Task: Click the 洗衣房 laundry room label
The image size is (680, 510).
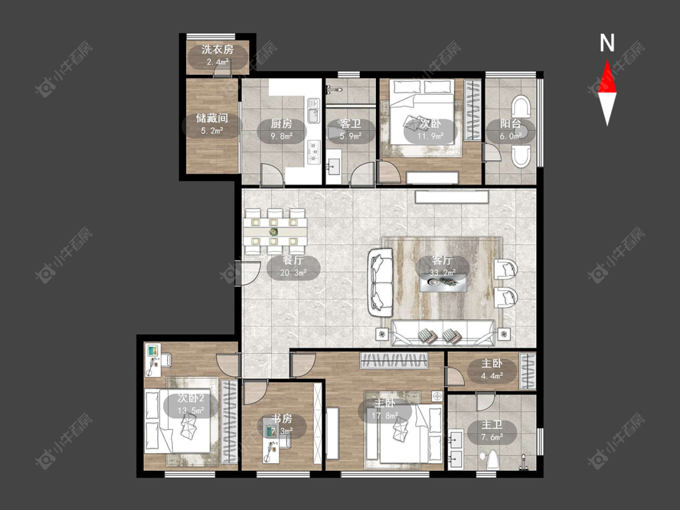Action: click(218, 50)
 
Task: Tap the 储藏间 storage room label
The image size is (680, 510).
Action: click(212, 118)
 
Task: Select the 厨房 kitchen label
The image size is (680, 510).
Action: click(282, 124)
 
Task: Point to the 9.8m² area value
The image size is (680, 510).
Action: click(282, 136)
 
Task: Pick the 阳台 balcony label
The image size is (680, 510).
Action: click(510, 123)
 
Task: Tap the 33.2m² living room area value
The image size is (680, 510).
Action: click(442, 273)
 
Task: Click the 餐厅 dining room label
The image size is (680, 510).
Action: click(293, 260)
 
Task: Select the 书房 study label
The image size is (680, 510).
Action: click(282, 419)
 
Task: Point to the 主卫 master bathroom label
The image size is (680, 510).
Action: click(492, 425)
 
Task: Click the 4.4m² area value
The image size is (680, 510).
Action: click(492, 376)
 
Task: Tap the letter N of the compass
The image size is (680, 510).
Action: click(607, 42)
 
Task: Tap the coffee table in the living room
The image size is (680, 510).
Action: click(443, 283)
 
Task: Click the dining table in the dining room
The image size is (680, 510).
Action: click(275, 231)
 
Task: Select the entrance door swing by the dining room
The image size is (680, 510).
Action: click(247, 273)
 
